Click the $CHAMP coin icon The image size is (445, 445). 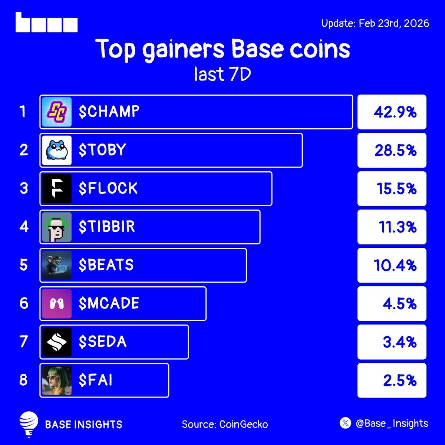(x=57, y=112)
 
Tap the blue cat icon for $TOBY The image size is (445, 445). (x=57, y=150)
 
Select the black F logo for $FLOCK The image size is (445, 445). (x=57, y=189)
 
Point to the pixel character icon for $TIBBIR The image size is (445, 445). (x=57, y=227)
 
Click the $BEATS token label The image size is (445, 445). (x=106, y=265)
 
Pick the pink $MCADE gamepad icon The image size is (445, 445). (x=57, y=304)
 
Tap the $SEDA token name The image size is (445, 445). (x=103, y=342)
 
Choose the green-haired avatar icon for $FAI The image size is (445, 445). (x=57, y=380)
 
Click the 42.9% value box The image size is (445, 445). (x=392, y=112)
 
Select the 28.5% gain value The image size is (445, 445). (x=395, y=151)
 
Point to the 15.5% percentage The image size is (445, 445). (x=396, y=189)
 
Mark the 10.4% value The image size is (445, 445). (x=395, y=266)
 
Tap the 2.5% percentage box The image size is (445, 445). (x=392, y=380)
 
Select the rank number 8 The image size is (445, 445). (x=24, y=380)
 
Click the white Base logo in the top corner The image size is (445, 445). (x=47, y=23)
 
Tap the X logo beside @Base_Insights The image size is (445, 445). (x=345, y=423)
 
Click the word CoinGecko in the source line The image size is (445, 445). (x=244, y=424)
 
